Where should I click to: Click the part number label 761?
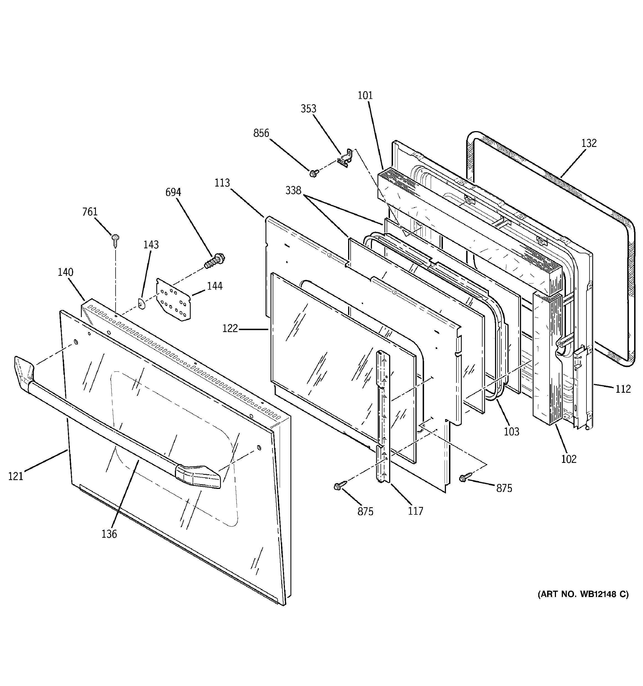pyautogui.click(x=90, y=211)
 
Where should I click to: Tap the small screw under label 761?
pyautogui.click(x=115, y=239)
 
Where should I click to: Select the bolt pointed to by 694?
pyautogui.click(x=214, y=261)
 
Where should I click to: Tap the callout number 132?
pyautogui.click(x=588, y=143)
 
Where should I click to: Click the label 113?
pyautogui.click(x=222, y=183)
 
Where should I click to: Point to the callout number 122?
pyautogui.click(x=230, y=328)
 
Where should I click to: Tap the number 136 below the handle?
pyautogui.click(x=109, y=534)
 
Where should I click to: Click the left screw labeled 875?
pyautogui.click(x=339, y=486)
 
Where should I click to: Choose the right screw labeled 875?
pyautogui.click(x=463, y=478)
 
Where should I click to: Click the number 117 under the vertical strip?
pyautogui.click(x=415, y=511)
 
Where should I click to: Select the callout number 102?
pyautogui.click(x=568, y=459)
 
